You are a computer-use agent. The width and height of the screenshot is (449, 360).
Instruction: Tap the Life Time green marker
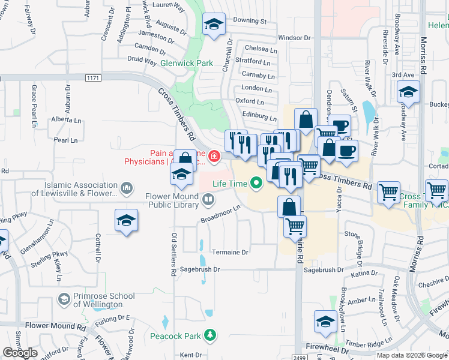point(257,182)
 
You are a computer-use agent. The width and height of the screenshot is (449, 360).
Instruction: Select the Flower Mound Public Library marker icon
point(208,198)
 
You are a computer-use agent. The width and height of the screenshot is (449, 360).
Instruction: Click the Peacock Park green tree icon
point(209,334)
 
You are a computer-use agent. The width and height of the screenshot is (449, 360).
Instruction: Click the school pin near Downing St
point(213,25)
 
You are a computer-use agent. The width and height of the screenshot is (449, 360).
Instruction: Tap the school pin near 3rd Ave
point(409,92)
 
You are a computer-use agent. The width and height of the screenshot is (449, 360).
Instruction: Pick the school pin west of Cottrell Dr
point(126,220)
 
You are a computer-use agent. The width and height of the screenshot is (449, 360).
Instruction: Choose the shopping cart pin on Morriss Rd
point(436,191)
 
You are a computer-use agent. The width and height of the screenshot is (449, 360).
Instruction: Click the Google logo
point(20,353)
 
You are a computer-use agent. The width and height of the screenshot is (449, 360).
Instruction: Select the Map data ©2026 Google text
point(412,355)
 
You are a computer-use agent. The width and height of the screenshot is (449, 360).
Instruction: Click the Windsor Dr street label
point(294,37)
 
